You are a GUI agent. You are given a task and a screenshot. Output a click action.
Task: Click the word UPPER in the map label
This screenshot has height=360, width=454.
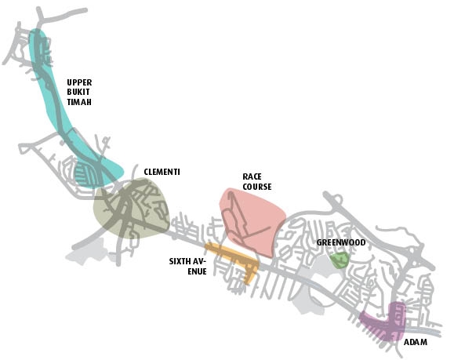point(79,82)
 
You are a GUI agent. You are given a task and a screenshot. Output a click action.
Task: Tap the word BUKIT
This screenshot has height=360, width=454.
point(78,92)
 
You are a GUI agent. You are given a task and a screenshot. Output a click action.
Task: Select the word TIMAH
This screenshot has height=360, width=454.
point(79,102)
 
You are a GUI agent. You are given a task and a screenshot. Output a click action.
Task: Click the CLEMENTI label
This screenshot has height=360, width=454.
point(162,172)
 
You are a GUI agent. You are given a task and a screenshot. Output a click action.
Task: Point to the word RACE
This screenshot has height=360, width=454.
point(252,176)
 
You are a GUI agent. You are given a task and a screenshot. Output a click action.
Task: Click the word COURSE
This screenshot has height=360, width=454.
point(257,187)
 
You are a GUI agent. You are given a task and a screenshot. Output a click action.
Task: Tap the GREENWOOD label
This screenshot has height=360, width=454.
point(341,242)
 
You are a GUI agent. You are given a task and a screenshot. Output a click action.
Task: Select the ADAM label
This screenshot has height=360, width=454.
point(416,342)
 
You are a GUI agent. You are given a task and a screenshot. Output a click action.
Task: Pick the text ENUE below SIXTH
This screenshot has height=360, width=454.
point(197,271)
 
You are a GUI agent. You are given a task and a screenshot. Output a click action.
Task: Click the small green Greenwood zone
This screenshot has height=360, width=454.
point(340,260)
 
